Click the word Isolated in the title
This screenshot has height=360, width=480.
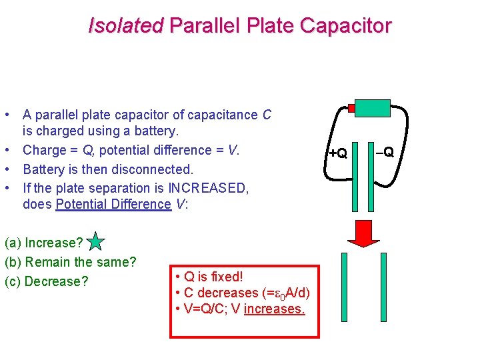[125, 26]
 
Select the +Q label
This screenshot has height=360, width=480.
[338, 153]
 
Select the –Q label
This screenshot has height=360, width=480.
[385, 151]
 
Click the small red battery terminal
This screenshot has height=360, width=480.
[351, 108]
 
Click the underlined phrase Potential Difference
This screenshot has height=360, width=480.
[113, 204]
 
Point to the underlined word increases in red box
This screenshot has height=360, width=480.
[274, 309]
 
